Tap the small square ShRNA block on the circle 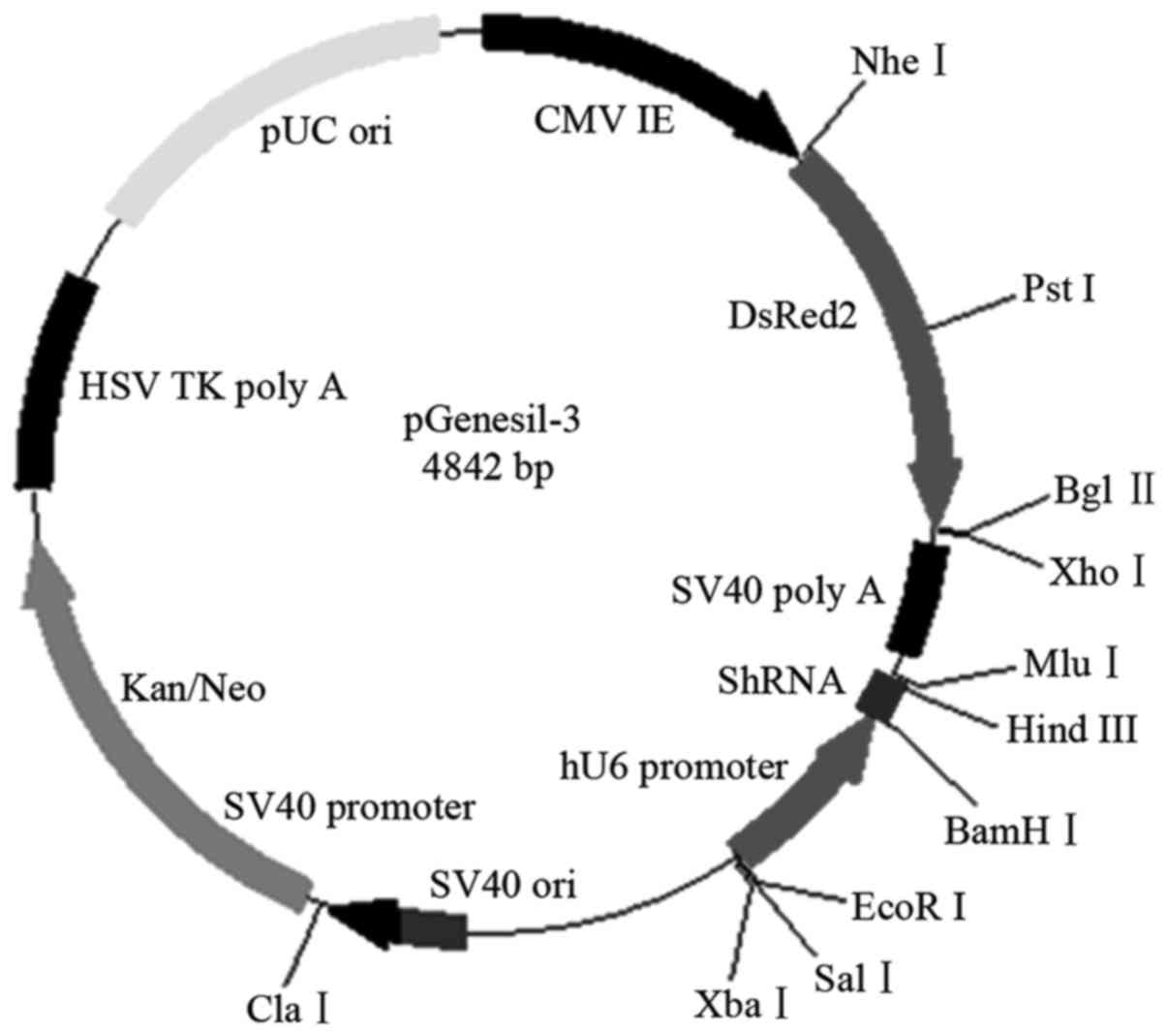[x=883, y=694]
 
